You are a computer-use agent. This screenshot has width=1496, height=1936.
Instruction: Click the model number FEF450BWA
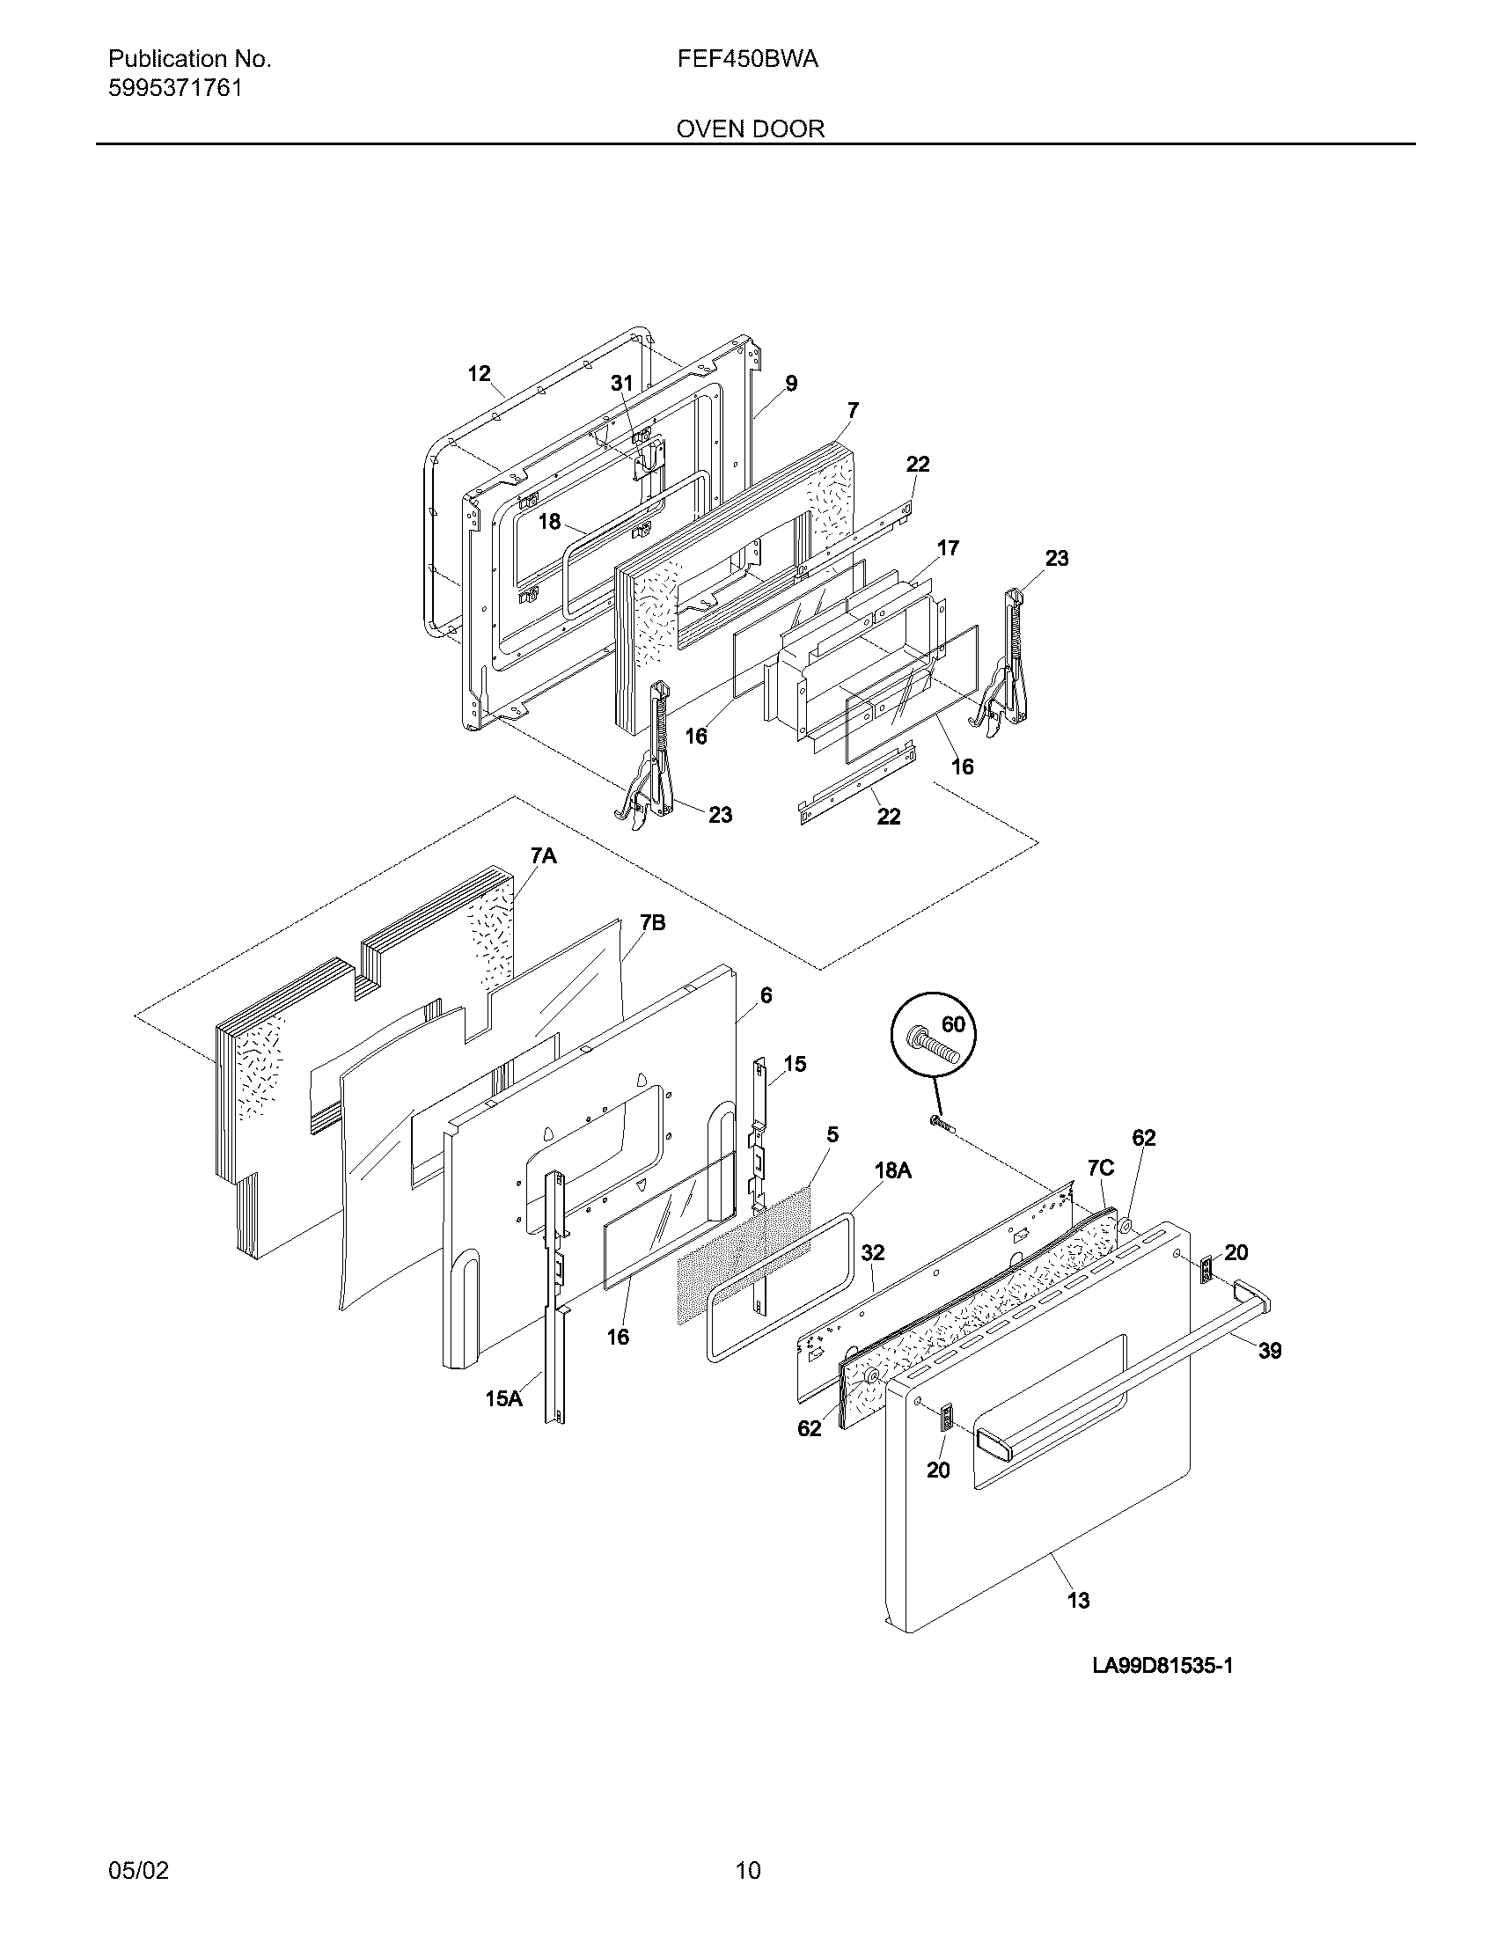(747, 59)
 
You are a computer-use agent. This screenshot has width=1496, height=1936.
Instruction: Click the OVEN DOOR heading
(750, 128)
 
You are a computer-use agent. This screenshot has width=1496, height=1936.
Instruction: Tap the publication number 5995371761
(174, 89)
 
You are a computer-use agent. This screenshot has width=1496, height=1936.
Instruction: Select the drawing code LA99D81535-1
(1162, 1665)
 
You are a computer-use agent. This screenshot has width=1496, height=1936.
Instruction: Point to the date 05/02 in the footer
(137, 1870)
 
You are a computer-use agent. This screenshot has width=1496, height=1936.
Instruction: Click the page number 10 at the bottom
(747, 1870)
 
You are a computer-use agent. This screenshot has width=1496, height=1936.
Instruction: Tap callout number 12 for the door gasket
(479, 374)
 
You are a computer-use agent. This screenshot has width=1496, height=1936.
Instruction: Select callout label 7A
(543, 855)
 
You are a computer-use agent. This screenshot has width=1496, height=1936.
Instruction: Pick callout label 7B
(652, 923)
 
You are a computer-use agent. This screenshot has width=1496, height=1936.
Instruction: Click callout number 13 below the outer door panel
(1078, 1600)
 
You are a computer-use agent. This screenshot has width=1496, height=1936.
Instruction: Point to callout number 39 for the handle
(1270, 1350)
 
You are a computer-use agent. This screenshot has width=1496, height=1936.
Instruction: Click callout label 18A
(892, 1171)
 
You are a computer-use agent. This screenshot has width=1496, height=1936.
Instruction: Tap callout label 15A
(502, 1398)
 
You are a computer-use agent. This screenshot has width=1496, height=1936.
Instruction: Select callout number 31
(622, 383)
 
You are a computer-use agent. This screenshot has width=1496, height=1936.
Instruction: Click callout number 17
(948, 548)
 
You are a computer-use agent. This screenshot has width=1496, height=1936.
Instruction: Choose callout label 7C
(1100, 1169)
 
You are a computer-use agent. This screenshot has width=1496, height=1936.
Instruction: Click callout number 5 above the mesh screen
(832, 1134)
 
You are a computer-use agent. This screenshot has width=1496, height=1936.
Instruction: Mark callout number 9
(790, 383)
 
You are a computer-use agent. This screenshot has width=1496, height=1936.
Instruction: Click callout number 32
(872, 1252)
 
